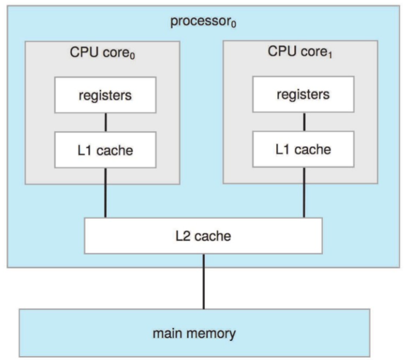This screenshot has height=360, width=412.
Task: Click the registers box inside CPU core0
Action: coord(105,95)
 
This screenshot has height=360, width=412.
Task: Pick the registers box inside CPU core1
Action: coord(303,94)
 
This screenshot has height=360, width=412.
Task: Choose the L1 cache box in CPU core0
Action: coord(105,150)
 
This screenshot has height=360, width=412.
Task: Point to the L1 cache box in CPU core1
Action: coord(303,148)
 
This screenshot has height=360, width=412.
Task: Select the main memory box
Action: coord(202,333)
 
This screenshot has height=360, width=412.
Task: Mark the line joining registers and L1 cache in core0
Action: coord(105,122)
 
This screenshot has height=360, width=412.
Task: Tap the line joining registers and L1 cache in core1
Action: coord(304,121)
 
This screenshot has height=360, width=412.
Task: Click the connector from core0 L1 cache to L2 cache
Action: coord(105,192)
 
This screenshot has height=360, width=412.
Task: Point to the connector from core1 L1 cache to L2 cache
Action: coord(304,192)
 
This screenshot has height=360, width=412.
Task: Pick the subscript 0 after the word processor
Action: coord(234,25)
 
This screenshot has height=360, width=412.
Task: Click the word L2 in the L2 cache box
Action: coord(182,236)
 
